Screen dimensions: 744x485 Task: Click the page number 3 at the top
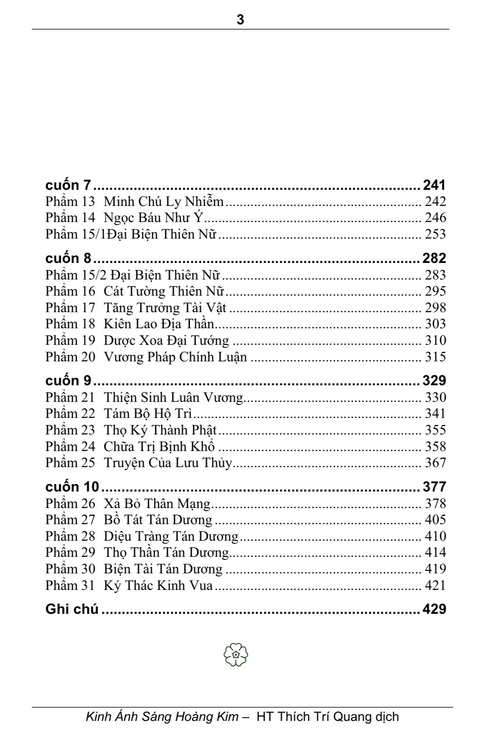coord(240,20)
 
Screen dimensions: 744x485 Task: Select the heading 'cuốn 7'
coord(68,185)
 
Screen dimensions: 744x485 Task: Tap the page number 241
coord(434,185)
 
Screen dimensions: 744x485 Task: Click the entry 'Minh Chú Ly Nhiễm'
coord(163,202)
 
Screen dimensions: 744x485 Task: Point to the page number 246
coord(435,218)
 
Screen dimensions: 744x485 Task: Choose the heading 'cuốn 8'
coord(68,258)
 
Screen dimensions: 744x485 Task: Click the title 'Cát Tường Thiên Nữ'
coord(163,291)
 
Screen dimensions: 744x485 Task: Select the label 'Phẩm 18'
coord(70,324)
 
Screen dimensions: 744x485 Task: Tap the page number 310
coord(435,340)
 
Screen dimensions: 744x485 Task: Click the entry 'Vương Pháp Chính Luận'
coord(175,357)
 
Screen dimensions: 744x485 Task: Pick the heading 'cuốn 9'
coord(68,380)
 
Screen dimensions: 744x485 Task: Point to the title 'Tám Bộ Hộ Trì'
coord(148,414)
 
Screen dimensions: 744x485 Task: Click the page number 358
coord(435,447)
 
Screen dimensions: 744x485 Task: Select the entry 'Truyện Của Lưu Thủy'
coord(168,463)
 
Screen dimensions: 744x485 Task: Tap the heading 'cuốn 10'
coord(72,487)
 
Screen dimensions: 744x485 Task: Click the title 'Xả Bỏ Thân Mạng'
coord(157,504)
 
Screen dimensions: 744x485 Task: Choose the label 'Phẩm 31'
coord(70,586)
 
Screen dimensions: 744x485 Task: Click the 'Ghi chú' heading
coord(72,609)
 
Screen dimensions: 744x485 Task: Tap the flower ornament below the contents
coord(236,654)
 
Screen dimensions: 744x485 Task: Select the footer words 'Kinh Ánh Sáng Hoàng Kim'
coord(162,717)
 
